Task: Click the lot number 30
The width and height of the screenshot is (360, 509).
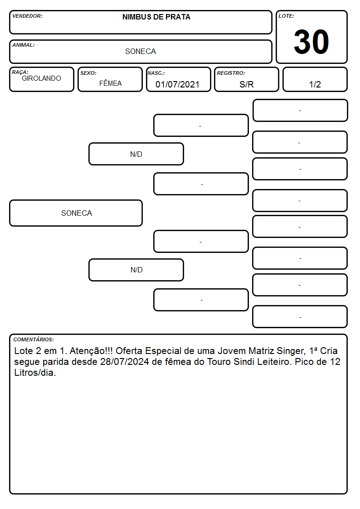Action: click(311, 42)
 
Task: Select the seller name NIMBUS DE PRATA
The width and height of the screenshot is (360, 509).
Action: click(156, 17)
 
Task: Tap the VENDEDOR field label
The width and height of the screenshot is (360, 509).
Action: click(27, 16)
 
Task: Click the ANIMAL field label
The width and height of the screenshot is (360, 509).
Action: click(24, 45)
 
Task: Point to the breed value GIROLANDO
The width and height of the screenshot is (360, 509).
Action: click(41, 78)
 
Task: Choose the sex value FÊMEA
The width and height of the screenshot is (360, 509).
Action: click(110, 83)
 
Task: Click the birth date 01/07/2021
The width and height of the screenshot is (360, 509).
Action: click(177, 84)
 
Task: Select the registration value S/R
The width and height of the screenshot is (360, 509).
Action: click(246, 84)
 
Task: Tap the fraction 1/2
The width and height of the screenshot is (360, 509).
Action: click(315, 84)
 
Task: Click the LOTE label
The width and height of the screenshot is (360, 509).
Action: click(286, 16)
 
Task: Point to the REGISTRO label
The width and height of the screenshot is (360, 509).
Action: click(231, 73)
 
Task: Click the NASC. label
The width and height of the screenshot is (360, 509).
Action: click(156, 73)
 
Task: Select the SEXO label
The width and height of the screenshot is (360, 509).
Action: click(88, 73)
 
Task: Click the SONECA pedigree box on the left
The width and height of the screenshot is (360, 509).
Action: click(76, 213)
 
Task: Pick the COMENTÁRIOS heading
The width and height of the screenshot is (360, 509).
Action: click(34, 339)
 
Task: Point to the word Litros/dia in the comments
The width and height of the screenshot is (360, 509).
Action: click(35, 373)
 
